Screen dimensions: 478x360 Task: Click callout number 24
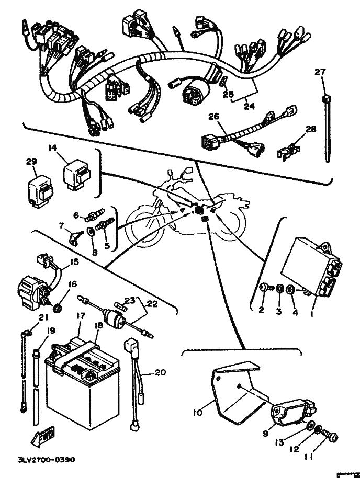249,106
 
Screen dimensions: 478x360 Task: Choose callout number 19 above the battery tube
51,331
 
